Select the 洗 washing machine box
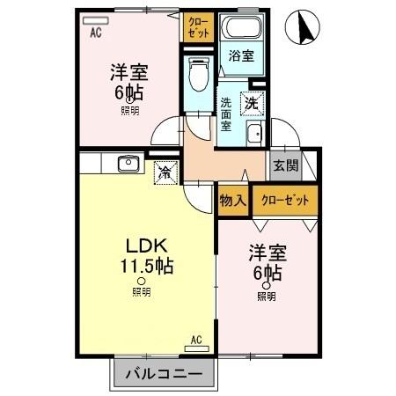[252, 102]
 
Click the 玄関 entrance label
[285, 165]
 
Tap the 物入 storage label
[232, 201]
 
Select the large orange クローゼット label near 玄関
[285, 201]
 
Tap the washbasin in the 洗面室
[254, 135]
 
